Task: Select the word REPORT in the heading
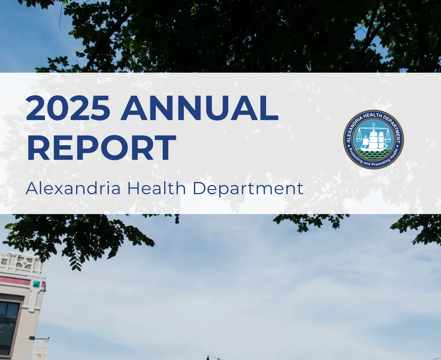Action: click(101, 148)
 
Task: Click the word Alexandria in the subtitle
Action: click(73, 188)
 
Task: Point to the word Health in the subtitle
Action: click(156, 188)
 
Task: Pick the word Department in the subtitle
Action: click(248, 189)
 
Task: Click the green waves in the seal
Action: click(373, 155)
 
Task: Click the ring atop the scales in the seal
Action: click(373, 125)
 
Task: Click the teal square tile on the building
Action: click(36, 284)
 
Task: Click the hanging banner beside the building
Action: click(41, 350)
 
